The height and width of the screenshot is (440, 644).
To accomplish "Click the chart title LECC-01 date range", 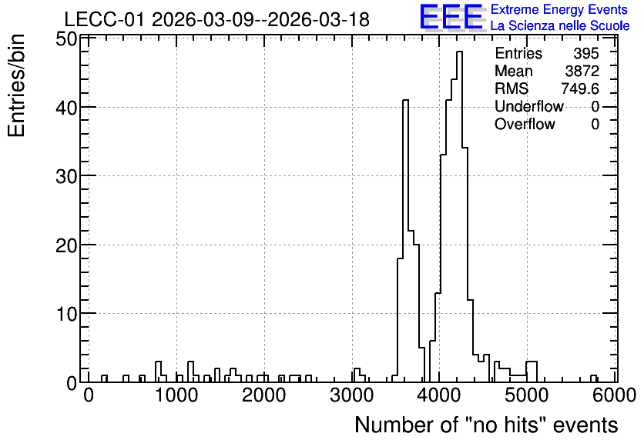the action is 217,20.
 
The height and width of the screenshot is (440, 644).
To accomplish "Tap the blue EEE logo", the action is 451,17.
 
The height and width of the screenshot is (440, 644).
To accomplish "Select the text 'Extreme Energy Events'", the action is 559,9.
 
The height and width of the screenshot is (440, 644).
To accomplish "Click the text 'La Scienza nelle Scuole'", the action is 560,26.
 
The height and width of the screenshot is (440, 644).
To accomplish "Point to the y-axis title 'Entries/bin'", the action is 17,85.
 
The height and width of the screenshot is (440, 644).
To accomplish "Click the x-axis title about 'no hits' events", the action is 486,425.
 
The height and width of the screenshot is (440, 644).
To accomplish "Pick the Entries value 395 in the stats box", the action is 586,53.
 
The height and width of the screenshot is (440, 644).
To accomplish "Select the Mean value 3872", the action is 582,71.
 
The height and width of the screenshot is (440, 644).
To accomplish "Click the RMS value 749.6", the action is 580,88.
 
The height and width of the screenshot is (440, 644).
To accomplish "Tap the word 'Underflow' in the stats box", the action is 529,106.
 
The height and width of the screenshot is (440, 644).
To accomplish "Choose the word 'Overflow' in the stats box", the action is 525,124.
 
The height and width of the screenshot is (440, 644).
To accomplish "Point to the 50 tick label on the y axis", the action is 66,40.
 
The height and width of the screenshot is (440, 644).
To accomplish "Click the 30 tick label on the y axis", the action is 66,177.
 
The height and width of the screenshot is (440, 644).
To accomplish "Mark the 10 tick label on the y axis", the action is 66,315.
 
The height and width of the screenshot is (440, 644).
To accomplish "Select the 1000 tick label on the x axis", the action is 176,395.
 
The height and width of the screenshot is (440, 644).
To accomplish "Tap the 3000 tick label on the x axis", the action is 352,395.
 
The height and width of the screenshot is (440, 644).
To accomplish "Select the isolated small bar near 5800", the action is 593,378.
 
